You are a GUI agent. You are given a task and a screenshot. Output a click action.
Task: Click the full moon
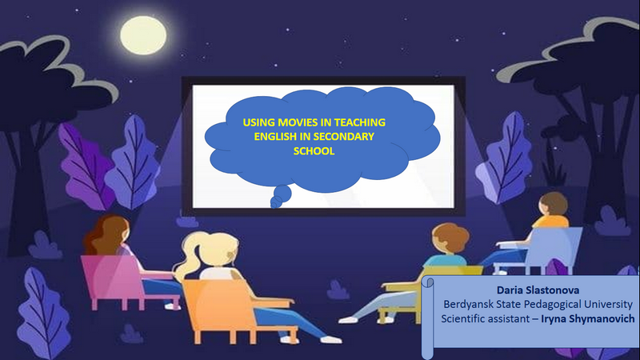[143, 35]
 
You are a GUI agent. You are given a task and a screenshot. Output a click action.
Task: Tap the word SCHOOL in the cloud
[314, 151]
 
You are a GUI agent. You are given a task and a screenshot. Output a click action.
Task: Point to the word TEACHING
[359, 122]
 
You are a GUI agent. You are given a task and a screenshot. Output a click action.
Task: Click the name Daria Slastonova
[538, 290]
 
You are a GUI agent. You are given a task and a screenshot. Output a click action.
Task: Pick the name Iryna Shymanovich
[588, 318]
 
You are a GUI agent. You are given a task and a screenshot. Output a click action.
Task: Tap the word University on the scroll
[608, 305]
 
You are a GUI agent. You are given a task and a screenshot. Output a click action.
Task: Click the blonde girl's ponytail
[189, 256]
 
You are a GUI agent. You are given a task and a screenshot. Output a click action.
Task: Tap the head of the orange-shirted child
[553, 206]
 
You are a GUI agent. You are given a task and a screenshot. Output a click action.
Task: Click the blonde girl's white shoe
[331, 339]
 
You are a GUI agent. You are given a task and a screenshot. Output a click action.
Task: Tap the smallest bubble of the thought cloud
[276, 203]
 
